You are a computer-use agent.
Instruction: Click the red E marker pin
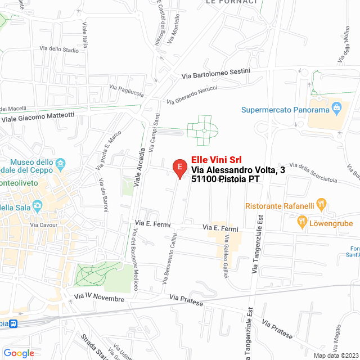coord(179,167)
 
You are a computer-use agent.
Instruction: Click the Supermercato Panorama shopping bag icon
coord(336,106)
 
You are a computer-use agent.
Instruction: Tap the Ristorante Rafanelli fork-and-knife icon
coord(321,203)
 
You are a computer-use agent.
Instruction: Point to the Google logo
coord(19,353)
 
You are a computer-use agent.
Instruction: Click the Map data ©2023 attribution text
coord(335,355)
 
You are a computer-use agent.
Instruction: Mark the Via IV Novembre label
coord(98,297)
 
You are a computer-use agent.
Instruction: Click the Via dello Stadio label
coord(59,49)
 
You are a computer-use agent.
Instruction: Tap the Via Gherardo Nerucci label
coord(192,96)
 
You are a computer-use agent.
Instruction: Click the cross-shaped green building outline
coord(202,130)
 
